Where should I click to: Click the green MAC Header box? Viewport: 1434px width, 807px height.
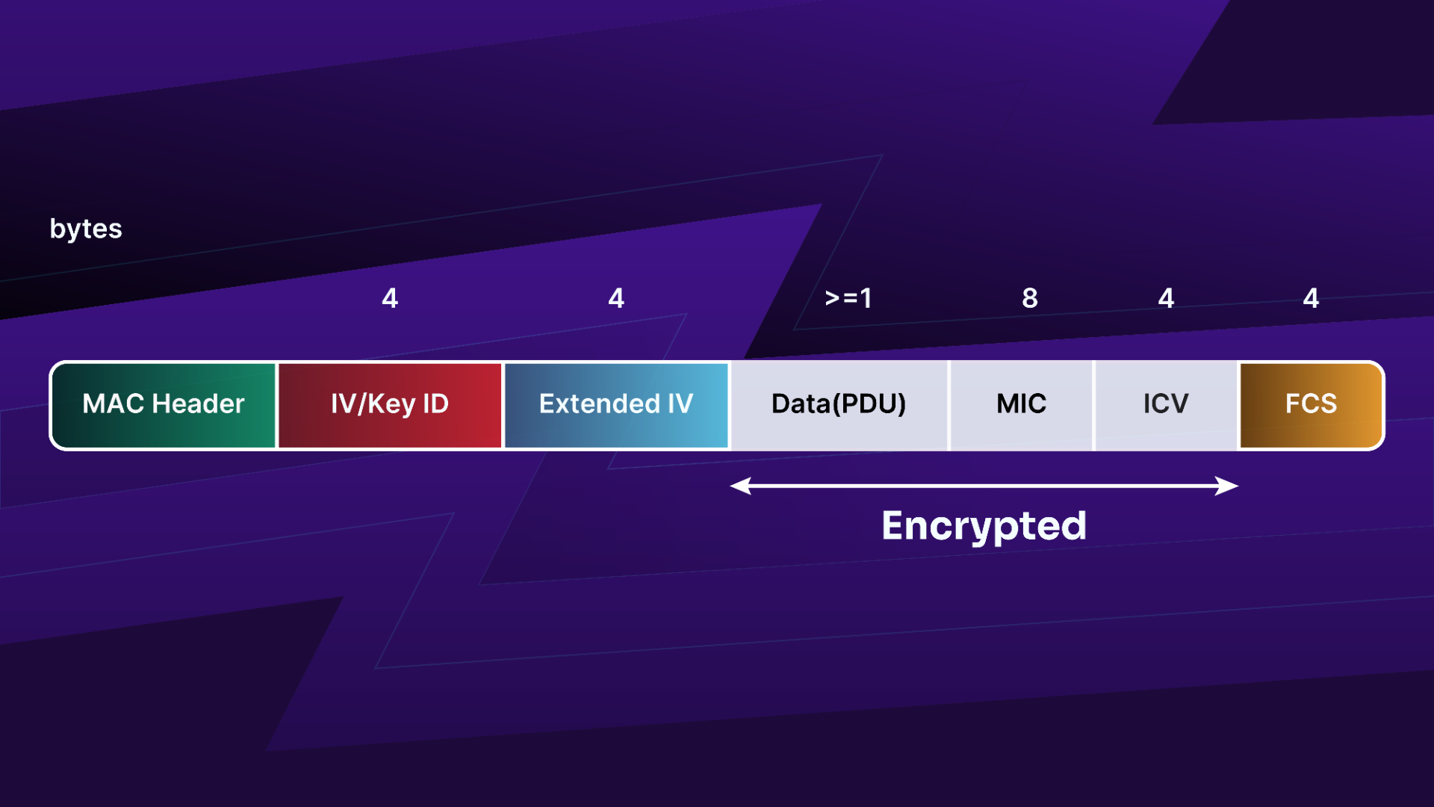164,405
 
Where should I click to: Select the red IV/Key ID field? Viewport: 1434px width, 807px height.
390,405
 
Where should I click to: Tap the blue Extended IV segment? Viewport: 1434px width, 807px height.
616,405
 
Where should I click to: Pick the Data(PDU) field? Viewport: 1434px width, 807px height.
839,405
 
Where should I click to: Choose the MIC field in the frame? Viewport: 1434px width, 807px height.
1021,405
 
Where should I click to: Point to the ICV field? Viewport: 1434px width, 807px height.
1166,405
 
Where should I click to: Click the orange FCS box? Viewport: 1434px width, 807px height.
1311,405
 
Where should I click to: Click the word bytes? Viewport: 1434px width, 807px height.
86,229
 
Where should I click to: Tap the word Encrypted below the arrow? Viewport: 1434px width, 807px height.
984,527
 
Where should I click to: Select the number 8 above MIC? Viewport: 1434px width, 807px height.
1030,298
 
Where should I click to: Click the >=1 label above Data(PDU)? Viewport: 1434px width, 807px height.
848,298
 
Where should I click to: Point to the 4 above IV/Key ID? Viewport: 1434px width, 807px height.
390,298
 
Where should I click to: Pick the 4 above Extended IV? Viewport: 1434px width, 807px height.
616,298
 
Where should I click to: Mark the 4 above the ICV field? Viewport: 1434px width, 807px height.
1166,298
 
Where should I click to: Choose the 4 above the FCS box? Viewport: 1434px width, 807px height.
1311,298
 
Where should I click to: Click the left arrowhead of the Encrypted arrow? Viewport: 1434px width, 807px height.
739,486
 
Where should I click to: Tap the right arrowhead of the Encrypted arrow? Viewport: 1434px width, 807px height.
1228,486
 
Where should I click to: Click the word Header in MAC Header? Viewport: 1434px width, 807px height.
198,404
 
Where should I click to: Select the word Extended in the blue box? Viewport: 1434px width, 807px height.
600,404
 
